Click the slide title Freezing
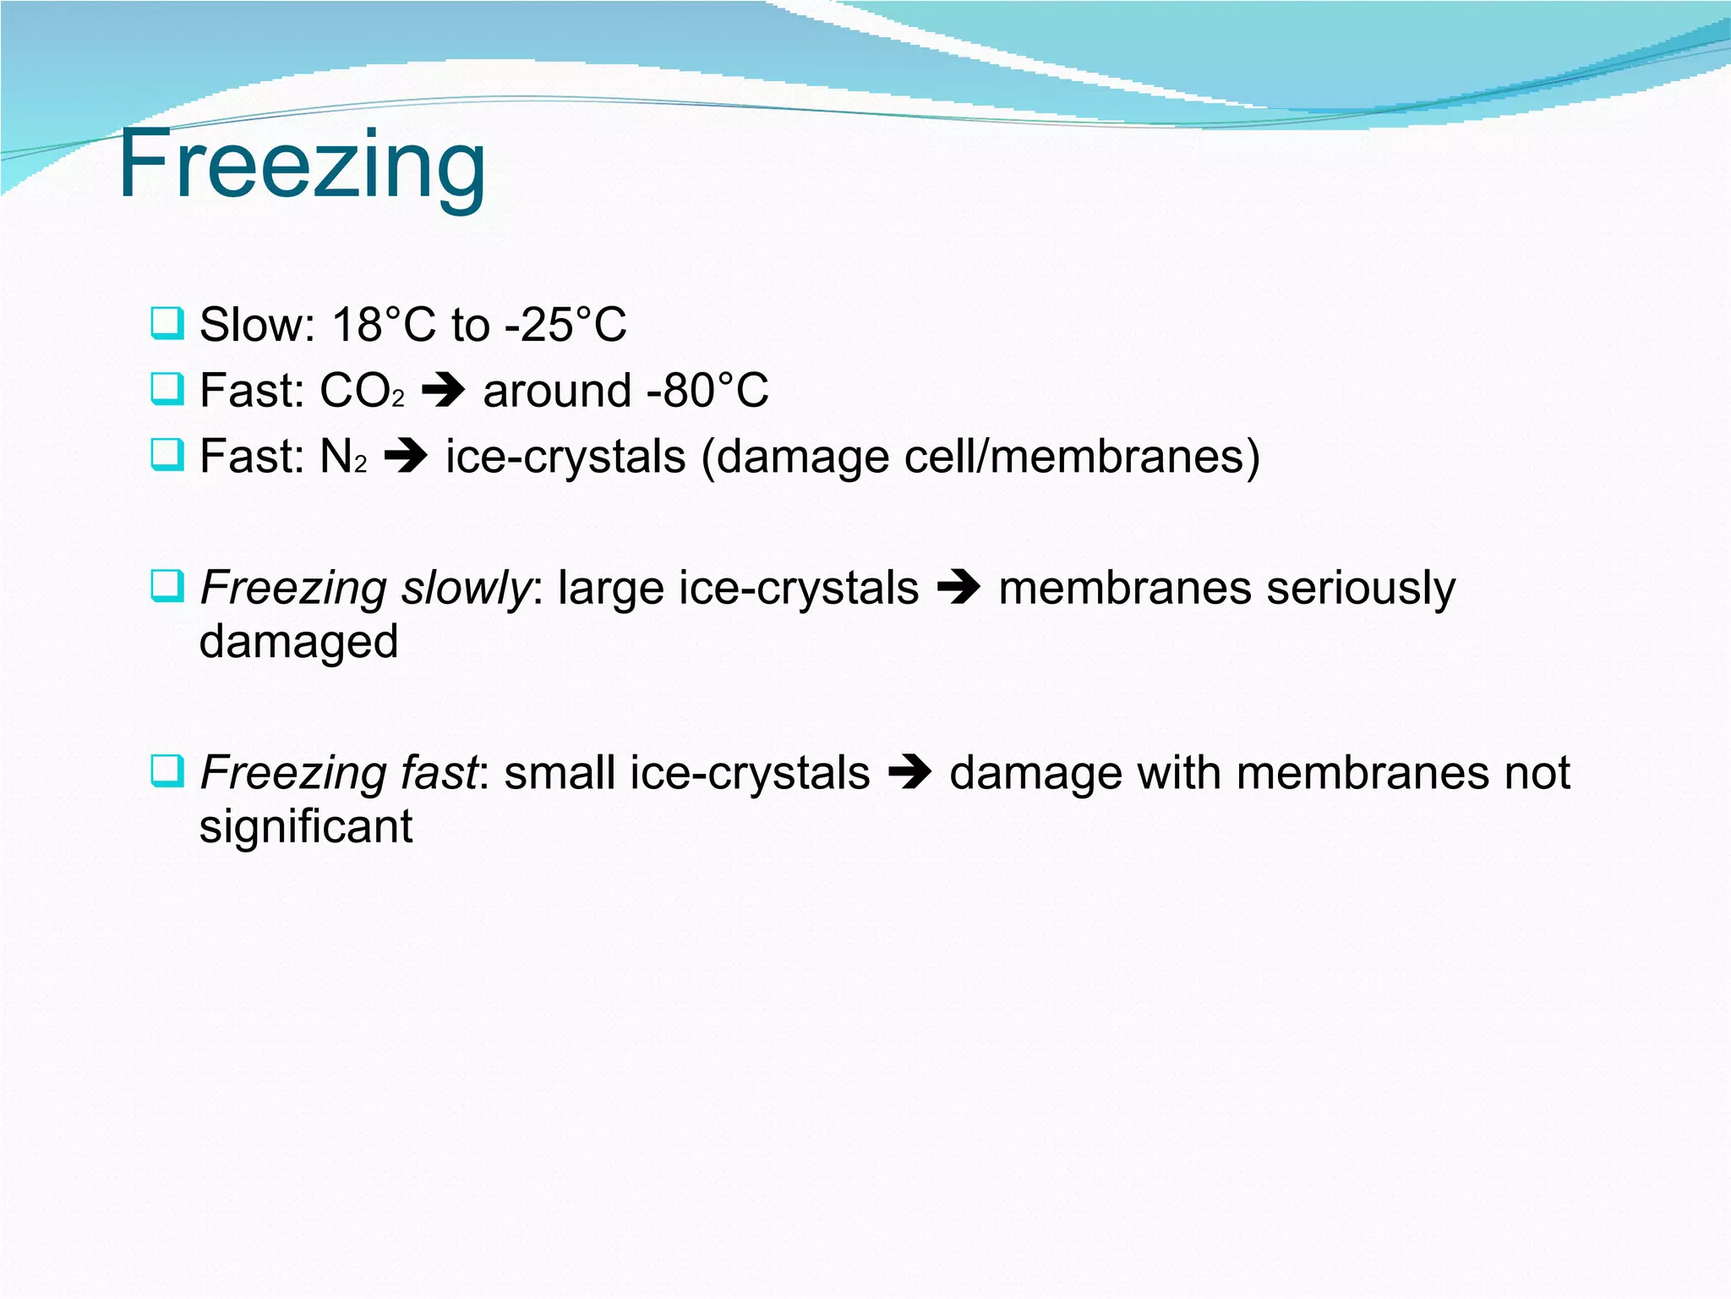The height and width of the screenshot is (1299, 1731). [302, 165]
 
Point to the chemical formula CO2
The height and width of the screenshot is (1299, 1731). [362, 391]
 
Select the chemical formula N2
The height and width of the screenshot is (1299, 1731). [343, 457]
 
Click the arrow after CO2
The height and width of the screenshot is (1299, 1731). [444, 391]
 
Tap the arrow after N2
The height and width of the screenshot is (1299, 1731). [407, 457]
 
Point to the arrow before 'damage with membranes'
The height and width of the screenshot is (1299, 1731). [910, 773]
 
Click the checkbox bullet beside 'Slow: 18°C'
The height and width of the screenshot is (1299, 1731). [167, 324]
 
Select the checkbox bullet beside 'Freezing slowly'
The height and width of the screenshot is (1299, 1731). [167, 587]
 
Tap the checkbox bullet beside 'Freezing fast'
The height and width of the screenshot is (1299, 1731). [167, 771]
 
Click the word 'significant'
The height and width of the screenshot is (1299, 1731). [306, 826]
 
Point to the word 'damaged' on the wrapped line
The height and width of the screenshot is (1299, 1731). [298, 642]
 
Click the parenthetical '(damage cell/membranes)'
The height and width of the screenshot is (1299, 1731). [980, 458]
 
